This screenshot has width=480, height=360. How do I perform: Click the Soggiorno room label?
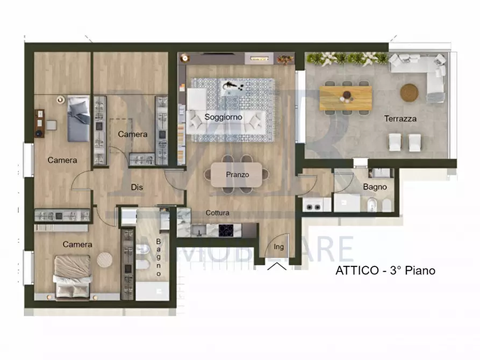click(x=223, y=117)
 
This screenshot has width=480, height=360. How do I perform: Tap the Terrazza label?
click(x=400, y=118)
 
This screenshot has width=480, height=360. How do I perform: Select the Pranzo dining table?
click(x=237, y=175)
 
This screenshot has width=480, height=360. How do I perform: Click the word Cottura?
click(x=217, y=213)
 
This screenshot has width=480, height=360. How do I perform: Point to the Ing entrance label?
click(x=278, y=247)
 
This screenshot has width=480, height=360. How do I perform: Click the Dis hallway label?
click(x=137, y=187)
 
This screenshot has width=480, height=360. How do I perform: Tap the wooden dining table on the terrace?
click(x=346, y=98)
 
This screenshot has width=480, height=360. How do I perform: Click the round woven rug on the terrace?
click(x=409, y=92)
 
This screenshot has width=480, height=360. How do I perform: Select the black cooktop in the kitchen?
click(x=226, y=231)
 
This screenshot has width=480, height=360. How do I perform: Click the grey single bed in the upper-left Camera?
click(x=78, y=118)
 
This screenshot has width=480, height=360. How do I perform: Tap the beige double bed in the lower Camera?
click(x=73, y=276)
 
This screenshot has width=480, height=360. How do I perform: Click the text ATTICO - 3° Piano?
click(x=385, y=271)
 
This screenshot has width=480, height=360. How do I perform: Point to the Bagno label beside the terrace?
click(x=375, y=187)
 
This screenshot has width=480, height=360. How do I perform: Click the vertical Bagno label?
click(x=158, y=257)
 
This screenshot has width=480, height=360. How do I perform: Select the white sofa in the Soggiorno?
click(x=226, y=123)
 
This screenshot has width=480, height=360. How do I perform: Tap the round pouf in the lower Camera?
click(x=105, y=260)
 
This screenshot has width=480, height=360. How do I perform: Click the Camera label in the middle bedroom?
click(x=133, y=134)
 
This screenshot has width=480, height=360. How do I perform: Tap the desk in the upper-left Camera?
click(x=39, y=124)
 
